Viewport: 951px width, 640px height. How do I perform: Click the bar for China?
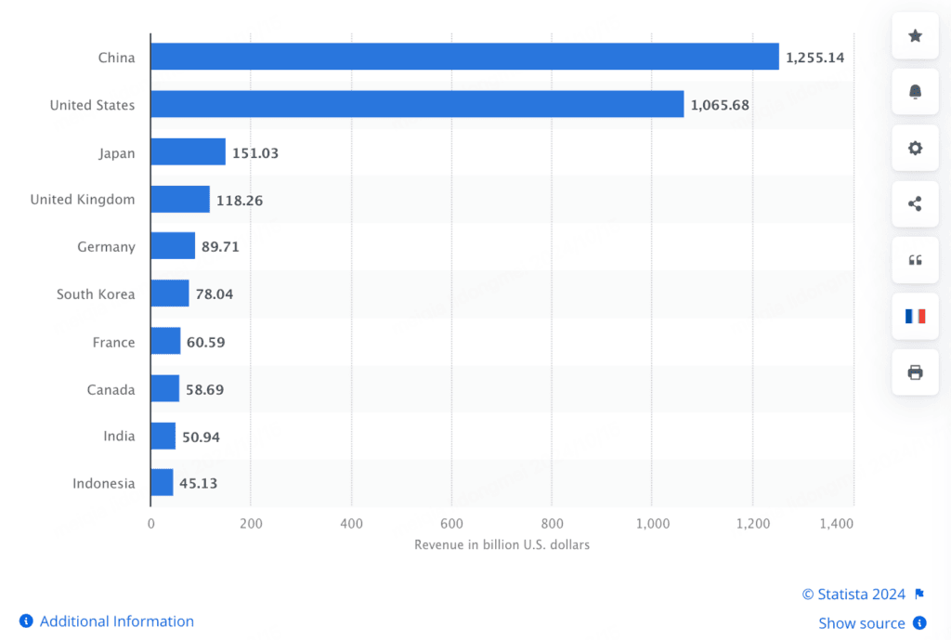tap(464, 57)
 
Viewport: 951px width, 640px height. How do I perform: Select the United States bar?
tap(417, 104)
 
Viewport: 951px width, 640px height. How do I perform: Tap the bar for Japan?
tap(188, 151)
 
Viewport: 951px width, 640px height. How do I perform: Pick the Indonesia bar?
tap(162, 482)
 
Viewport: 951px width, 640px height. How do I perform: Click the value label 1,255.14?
tap(815, 58)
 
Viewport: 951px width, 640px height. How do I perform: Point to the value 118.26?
tap(240, 201)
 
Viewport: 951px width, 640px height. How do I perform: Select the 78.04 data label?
tap(215, 294)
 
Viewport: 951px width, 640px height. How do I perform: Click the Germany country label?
tap(106, 247)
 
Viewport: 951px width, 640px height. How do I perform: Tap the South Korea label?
tap(96, 294)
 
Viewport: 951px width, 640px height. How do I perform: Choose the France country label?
tap(113, 342)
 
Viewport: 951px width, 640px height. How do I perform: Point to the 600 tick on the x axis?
tap(451, 524)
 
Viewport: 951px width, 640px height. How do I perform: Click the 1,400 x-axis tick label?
tap(837, 524)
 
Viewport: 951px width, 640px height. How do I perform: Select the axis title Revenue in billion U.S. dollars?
tap(502, 544)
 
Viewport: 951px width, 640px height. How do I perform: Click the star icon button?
tap(915, 36)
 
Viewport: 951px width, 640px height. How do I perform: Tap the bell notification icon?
tap(915, 92)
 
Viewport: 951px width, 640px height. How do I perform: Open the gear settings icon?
tap(915, 148)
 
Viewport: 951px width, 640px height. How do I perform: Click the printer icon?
tap(915, 372)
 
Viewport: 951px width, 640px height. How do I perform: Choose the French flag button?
tap(915, 316)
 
